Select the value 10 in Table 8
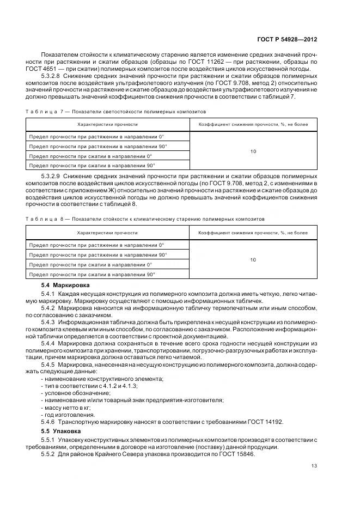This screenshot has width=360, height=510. coord(253,260)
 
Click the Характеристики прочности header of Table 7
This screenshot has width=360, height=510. coord(107,125)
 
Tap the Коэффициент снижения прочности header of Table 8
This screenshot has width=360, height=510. coord(253,233)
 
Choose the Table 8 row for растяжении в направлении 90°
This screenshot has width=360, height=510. coord(98,254)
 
